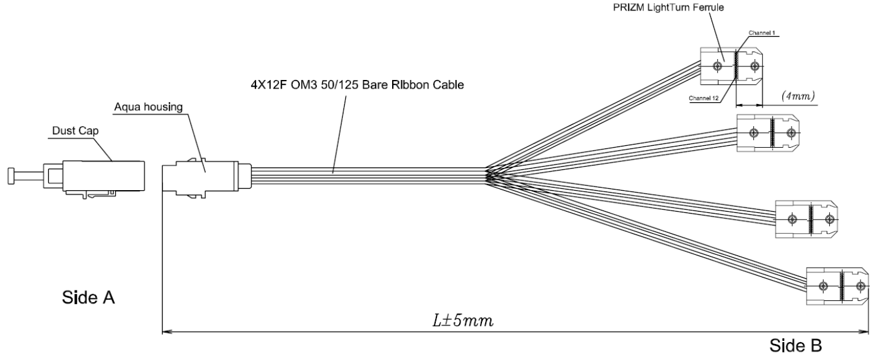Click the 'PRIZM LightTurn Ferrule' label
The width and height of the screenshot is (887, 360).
tap(668, 7)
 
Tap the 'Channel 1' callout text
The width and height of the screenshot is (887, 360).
tap(762, 33)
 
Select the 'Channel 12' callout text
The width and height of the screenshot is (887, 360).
tap(704, 98)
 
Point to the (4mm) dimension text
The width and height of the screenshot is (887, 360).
tap(798, 96)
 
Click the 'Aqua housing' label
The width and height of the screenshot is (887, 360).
tap(148, 107)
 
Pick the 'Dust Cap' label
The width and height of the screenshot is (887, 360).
tap(75, 130)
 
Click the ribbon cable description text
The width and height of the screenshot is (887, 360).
tap(357, 85)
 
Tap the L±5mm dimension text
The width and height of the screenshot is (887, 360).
tap(463, 321)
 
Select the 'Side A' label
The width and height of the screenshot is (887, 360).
tap(88, 297)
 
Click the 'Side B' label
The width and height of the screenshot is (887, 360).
tap(795, 346)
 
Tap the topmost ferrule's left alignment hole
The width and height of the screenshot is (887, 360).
tap(717, 66)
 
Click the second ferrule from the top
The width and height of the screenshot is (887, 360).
tap(768, 133)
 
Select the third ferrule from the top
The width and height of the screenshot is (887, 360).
tap(806, 219)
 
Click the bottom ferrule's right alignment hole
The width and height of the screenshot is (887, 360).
tap(860, 286)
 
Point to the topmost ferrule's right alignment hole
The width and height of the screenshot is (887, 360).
tap(755, 66)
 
